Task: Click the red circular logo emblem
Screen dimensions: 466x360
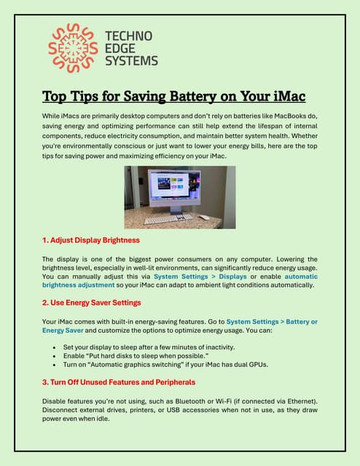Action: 72,48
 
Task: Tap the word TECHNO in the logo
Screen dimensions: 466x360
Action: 128,36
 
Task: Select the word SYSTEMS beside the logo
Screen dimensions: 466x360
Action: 131,61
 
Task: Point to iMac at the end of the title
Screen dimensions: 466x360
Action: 289,96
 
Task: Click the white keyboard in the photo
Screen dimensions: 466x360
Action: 168,218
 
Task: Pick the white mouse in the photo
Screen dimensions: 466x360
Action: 205,217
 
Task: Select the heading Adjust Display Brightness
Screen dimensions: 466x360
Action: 90,240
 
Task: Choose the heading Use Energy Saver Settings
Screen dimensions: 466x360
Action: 91,301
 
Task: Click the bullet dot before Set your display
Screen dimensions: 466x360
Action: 55,348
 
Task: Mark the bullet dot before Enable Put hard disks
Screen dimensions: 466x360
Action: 55,357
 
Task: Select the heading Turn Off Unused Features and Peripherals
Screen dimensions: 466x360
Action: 118,382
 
